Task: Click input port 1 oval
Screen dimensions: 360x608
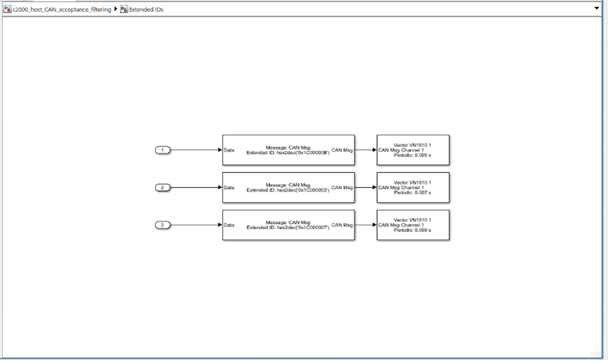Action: click(x=162, y=149)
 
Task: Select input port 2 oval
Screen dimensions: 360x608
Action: click(x=162, y=187)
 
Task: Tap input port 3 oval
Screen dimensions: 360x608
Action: click(x=162, y=225)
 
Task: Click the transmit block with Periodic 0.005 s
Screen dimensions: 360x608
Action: click(x=413, y=149)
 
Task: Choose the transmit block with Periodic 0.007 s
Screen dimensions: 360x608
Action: click(x=413, y=187)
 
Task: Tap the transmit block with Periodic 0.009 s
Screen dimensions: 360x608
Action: click(x=413, y=225)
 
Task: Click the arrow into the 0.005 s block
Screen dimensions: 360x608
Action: click(x=365, y=149)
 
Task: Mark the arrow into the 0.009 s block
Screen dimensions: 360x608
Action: click(x=365, y=225)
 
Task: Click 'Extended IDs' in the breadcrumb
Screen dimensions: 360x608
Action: click(x=146, y=10)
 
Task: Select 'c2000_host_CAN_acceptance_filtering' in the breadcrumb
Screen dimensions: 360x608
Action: click(x=62, y=10)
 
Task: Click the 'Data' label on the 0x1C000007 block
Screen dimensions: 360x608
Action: click(x=230, y=225)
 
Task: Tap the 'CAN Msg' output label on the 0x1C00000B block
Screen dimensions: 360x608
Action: click(x=342, y=149)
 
